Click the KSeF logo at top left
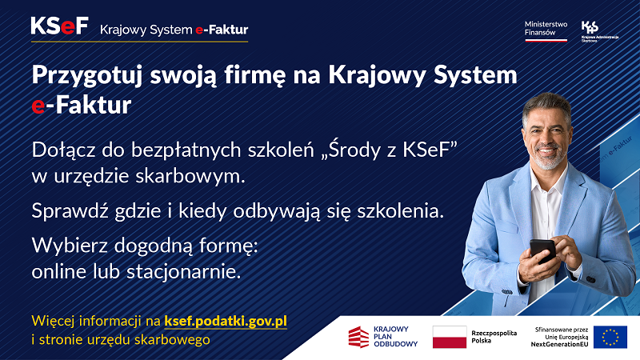tap(59, 27)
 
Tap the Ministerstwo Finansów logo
tap(546, 30)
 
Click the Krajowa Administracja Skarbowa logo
tap(590, 30)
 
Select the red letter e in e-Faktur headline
tap(37, 105)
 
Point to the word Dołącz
tap(63, 150)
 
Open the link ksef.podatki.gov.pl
tap(226, 321)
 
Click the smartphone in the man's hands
tap(542, 250)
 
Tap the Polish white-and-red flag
tap(449, 337)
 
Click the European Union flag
tap(610, 337)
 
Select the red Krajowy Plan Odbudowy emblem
tap(358, 337)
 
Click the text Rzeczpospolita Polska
tap(494, 337)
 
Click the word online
tap(57, 271)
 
